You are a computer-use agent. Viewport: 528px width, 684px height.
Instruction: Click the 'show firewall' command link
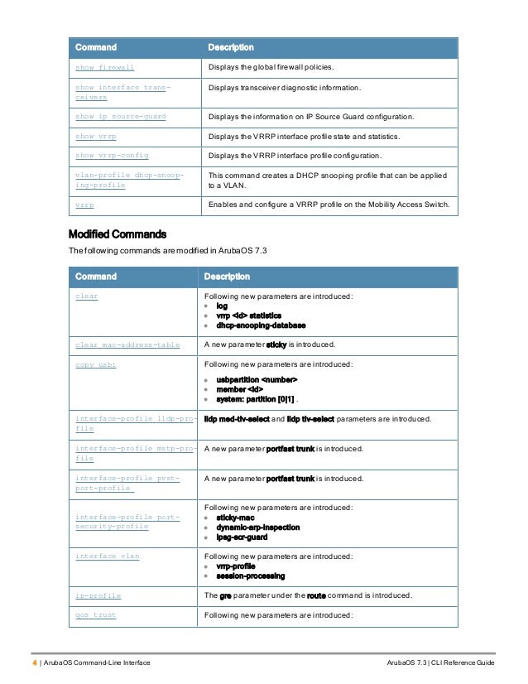(104, 68)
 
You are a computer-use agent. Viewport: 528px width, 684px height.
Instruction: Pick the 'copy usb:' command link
(95, 364)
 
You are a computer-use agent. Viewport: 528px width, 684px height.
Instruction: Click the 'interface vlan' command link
(107, 556)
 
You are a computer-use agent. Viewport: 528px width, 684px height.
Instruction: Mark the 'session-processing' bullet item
(251, 576)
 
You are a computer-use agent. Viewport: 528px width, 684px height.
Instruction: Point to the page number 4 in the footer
(34, 664)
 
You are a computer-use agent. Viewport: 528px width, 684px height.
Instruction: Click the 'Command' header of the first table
(96, 47)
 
